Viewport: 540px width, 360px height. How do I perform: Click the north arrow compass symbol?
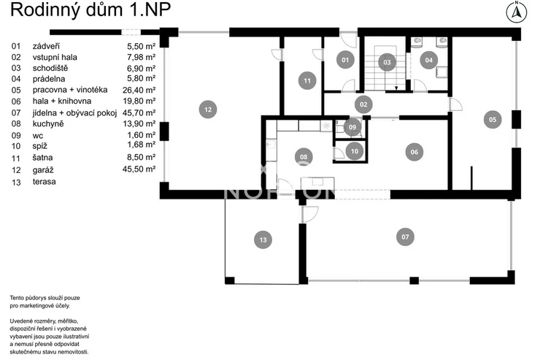[516, 12]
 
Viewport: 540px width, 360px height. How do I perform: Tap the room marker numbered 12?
[208, 110]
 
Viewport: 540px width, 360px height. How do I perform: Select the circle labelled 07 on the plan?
[405, 237]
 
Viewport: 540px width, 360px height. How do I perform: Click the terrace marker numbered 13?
[263, 240]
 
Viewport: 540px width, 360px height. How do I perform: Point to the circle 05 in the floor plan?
[493, 120]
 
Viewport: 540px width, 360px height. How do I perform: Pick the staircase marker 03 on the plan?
[387, 62]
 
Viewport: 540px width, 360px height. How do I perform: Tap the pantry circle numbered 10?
[355, 151]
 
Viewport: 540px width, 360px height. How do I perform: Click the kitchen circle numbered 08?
[304, 157]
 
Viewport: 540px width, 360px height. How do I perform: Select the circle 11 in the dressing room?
[306, 80]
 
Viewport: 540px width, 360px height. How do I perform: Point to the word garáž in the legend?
[43, 170]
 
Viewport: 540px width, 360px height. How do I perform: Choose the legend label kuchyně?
[48, 123]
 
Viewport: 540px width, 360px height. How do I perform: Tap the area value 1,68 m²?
[141, 145]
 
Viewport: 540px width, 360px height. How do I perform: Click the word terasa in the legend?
[44, 182]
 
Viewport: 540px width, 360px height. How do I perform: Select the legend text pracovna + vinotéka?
[70, 90]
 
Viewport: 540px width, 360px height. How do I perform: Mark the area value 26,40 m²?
[139, 91]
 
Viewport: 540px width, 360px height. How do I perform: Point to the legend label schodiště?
[50, 68]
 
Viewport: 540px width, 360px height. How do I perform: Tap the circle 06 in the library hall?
[414, 152]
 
